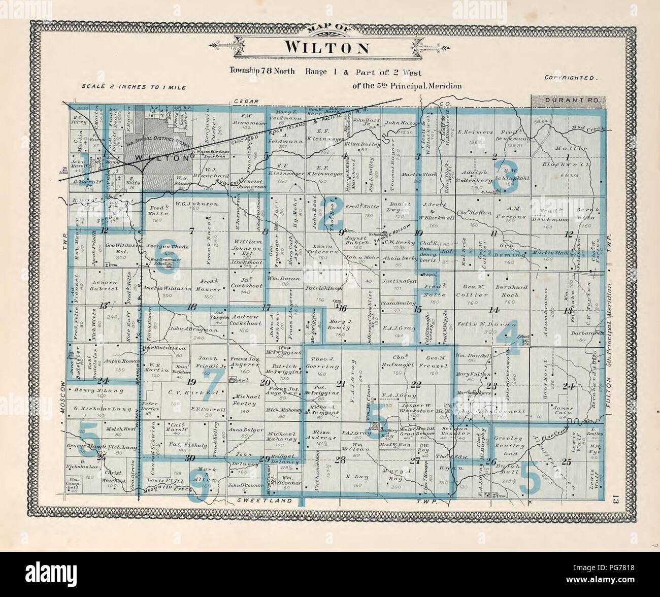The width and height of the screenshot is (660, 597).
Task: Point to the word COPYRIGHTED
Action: click(570, 78)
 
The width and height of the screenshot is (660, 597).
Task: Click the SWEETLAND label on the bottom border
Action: click(266, 501)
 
